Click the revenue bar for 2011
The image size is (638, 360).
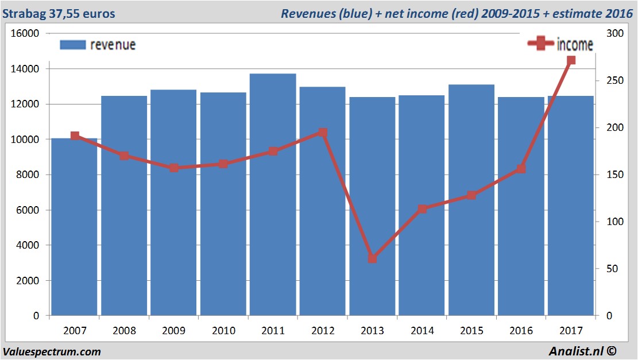(x=273, y=195)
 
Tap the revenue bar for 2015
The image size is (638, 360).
(x=471, y=201)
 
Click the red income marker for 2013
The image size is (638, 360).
(x=372, y=259)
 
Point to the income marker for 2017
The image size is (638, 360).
(x=571, y=60)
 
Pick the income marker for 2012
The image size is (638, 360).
(x=323, y=133)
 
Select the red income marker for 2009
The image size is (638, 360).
(x=174, y=168)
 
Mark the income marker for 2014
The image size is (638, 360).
(x=422, y=209)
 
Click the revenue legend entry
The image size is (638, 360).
(x=98, y=45)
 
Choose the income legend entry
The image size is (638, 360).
(x=560, y=44)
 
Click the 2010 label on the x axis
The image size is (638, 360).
(x=223, y=331)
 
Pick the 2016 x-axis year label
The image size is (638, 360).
(x=521, y=331)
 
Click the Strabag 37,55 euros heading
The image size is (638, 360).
(x=59, y=13)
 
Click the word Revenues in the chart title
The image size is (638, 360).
(x=306, y=13)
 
